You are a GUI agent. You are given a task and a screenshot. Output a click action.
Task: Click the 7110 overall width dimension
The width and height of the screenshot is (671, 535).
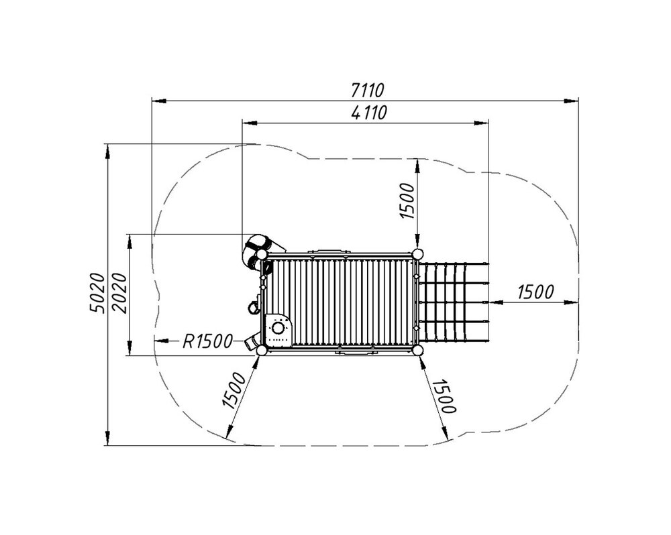click(x=368, y=91)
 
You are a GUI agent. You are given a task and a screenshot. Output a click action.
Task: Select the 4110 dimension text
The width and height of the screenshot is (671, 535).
click(x=368, y=113)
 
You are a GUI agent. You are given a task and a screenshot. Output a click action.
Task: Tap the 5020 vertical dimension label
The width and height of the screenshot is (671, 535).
click(x=97, y=293)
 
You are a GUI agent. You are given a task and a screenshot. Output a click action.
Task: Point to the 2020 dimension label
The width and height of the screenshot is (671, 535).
click(x=119, y=293)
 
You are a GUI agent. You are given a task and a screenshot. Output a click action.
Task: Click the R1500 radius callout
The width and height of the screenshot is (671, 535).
click(x=207, y=341)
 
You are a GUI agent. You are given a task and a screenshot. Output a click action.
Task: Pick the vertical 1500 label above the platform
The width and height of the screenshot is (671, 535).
click(x=407, y=201)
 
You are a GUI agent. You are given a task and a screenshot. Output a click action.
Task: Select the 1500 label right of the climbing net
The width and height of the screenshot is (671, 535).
click(x=535, y=292)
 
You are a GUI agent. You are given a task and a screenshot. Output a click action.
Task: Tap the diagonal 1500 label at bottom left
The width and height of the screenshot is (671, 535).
click(x=234, y=390)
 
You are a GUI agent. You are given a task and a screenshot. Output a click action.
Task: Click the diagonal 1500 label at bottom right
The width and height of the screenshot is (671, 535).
click(x=442, y=396)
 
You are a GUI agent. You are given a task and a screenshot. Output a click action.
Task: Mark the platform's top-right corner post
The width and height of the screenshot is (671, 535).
click(x=417, y=253)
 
